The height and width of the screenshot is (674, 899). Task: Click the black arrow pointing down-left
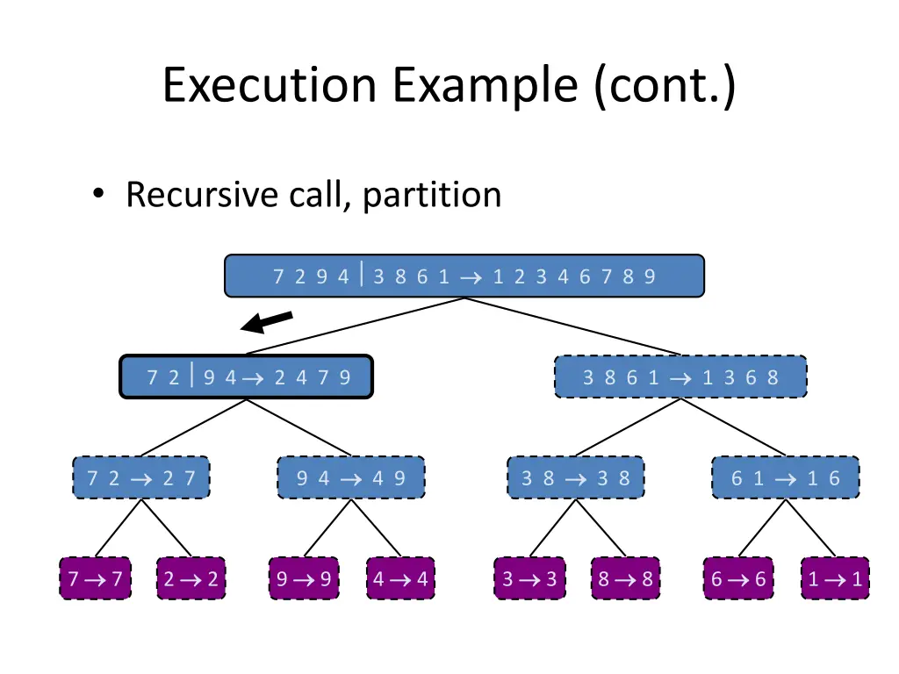(267, 322)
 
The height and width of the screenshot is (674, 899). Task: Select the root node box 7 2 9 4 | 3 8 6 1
(464, 276)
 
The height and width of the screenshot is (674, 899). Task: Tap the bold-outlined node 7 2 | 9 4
(247, 377)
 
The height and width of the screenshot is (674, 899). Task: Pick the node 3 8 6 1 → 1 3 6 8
(680, 377)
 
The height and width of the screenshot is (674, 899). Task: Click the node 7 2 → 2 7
(141, 478)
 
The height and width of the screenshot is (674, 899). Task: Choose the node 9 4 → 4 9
(351, 478)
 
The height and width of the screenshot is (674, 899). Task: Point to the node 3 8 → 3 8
(575, 478)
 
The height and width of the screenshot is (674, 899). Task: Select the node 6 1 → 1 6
(786, 478)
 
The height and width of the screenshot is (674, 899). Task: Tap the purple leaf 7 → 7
(95, 579)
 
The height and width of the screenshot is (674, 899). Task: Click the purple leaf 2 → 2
(191, 579)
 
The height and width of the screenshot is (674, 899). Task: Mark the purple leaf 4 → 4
(401, 579)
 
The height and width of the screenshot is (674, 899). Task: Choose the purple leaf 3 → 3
(529, 579)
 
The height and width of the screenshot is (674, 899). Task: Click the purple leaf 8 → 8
(625, 579)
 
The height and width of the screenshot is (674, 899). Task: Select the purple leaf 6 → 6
(738, 579)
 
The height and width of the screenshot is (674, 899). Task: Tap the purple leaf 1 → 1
(835, 579)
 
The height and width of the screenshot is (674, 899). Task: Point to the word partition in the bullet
(432, 195)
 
